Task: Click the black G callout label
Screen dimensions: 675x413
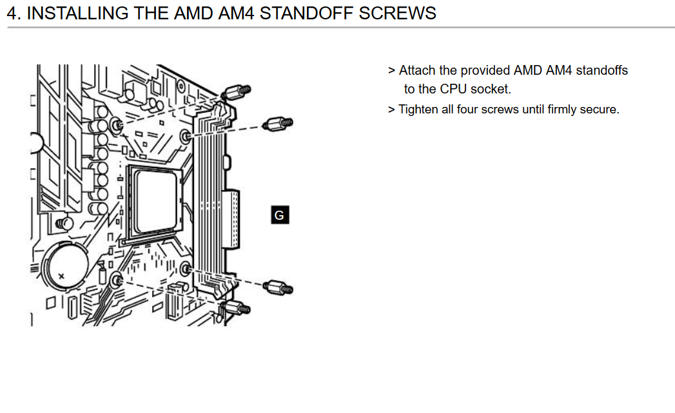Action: (280, 215)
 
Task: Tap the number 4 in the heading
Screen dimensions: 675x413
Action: (12, 14)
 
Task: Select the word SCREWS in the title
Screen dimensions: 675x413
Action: (397, 14)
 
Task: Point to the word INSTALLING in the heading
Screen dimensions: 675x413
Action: (77, 14)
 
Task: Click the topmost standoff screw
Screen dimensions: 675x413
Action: (236, 92)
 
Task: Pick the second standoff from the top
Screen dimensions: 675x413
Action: (278, 124)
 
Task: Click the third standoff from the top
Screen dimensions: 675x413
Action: (278, 287)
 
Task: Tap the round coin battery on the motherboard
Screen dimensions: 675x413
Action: (66, 266)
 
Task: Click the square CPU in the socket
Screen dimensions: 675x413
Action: (155, 200)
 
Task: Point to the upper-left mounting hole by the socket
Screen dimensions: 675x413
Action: (116, 125)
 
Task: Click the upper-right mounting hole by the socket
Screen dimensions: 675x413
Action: (186, 137)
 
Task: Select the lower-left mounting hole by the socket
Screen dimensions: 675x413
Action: (116, 281)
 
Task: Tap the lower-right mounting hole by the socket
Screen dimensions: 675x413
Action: (186, 269)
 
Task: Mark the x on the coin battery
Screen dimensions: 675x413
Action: (61, 276)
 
